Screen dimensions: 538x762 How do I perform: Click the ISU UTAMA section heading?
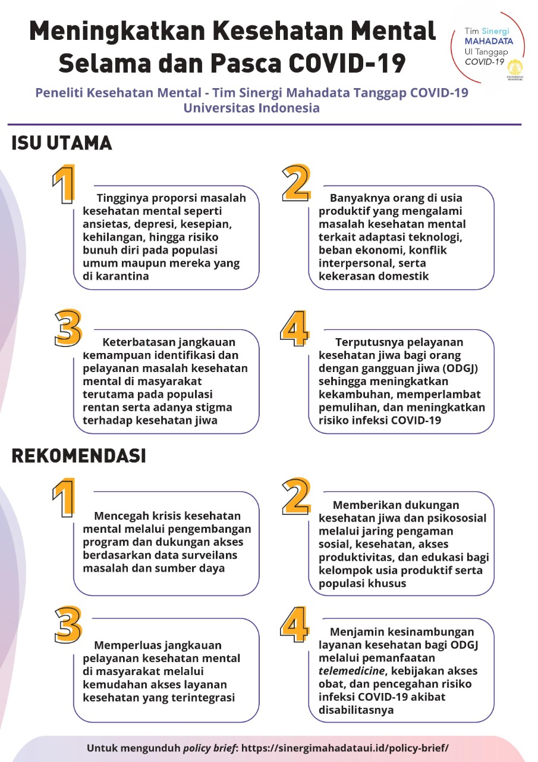(61, 143)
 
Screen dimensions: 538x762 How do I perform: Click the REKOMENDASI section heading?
(79, 456)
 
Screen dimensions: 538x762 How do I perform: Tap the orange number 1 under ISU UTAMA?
(64, 184)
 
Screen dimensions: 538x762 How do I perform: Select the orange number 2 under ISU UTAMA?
(296, 183)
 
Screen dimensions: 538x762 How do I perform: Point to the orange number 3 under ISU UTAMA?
(68, 328)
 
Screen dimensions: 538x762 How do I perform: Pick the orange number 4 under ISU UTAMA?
(294, 328)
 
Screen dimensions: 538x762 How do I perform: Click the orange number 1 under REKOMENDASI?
(64, 498)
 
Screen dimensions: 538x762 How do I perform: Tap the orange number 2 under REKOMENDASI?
(296, 496)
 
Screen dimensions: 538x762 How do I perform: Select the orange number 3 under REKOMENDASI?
(68, 624)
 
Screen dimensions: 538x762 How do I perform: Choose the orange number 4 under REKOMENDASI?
(294, 624)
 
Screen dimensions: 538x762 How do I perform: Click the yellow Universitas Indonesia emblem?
(515, 68)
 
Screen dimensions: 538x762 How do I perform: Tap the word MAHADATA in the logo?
(489, 42)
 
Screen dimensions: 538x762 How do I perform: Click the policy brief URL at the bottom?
(345, 748)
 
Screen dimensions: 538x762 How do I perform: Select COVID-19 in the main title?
(347, 63)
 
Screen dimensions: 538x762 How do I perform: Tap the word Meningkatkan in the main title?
(117, 32)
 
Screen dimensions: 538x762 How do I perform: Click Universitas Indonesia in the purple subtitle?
(251, 108)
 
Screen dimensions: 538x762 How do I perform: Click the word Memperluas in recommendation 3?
(125, 645)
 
